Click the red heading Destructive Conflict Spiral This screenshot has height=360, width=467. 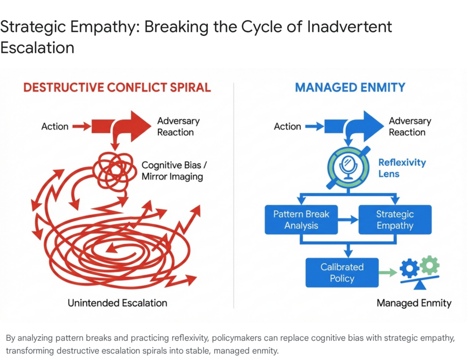point(117,87)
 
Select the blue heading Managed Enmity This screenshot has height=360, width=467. point(350,87)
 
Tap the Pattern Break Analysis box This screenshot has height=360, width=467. point(301,220)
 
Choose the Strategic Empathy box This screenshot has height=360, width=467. point(394,220)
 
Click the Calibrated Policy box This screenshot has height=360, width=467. point(342,273)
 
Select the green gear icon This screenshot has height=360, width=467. point(429,265)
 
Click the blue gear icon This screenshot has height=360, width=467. point(410,269)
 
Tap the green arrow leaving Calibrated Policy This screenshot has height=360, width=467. point(387,273)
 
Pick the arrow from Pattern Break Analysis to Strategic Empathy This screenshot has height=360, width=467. point(348,220)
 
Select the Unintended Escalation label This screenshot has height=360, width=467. point(117,303)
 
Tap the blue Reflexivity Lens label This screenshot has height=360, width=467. point(402,168)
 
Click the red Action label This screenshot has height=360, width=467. point(55,126)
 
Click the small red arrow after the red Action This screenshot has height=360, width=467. point(82,126)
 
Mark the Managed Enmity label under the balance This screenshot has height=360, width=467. point(414,303)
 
